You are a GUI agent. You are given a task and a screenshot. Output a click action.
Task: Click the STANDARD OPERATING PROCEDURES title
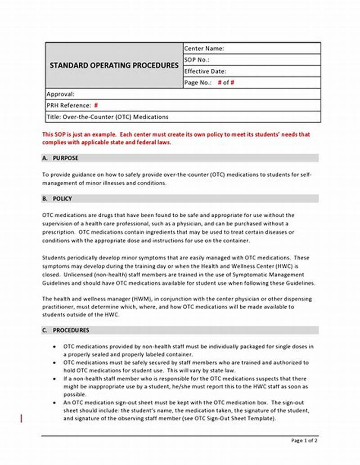(114, 65)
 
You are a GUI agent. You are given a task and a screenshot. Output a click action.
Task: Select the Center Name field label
(204, 49)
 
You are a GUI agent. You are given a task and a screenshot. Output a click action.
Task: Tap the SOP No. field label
(197, 60)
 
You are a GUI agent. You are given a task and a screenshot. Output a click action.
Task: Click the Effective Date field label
(205, 71)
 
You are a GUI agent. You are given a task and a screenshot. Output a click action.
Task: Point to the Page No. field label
(198, 83)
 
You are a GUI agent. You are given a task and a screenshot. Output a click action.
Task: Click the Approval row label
(61, 94)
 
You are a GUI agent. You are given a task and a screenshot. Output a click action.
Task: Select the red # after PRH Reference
(96, 106)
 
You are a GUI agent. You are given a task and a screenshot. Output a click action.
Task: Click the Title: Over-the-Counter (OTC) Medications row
(108, 117)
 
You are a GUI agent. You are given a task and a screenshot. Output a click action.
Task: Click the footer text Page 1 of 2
(304, 441)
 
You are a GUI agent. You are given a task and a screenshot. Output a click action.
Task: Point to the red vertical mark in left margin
(22, 419)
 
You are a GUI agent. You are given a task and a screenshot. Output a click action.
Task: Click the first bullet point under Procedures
(54, 347)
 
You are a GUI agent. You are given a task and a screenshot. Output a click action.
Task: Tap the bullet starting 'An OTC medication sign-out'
(54, 403)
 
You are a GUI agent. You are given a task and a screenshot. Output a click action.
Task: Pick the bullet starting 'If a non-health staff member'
(54, 379)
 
